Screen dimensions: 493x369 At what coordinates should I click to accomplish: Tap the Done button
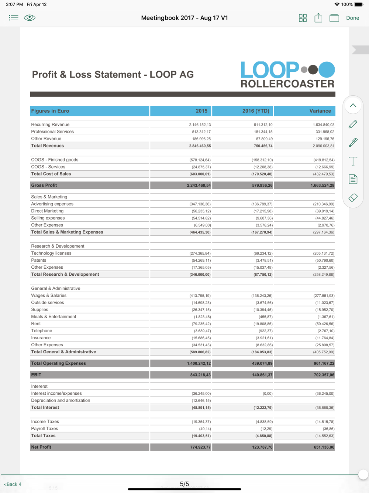(x=352, y=18)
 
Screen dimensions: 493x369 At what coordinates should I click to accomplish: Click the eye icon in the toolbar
(x=30, y=18)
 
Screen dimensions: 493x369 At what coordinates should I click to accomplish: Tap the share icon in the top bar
(x=318, y=18)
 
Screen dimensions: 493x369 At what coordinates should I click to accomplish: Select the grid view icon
(x=303, y=18)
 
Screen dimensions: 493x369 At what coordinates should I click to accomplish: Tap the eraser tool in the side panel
(x=353, y=198)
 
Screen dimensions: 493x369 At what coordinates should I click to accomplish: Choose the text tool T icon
(x=353, y=161)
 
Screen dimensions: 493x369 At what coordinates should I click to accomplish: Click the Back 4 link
(x=13, y=484)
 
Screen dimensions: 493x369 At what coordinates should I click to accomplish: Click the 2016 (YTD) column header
(x=255, y=111)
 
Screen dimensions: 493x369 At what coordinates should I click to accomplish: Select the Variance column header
(x=320, y=111)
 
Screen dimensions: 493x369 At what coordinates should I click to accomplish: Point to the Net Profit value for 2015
(x=200, y=447)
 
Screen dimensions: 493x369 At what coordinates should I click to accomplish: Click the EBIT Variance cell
(x=324, y=375)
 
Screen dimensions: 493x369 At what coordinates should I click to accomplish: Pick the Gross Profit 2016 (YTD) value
(x=262, y=185)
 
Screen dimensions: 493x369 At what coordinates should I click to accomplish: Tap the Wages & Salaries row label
(x=49, y=296)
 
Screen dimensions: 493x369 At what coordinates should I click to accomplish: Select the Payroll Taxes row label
(x=45, y=429)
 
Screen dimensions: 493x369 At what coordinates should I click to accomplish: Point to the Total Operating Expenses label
(x=58, y=363)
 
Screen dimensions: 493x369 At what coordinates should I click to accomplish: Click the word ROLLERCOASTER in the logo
(x=287, y=84)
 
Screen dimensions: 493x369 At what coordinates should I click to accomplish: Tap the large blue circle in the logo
(x=327, y=70)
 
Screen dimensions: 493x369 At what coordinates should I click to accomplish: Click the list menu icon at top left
(x=14, y=18)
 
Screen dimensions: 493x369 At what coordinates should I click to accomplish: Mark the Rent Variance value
(x=325, y=324)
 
